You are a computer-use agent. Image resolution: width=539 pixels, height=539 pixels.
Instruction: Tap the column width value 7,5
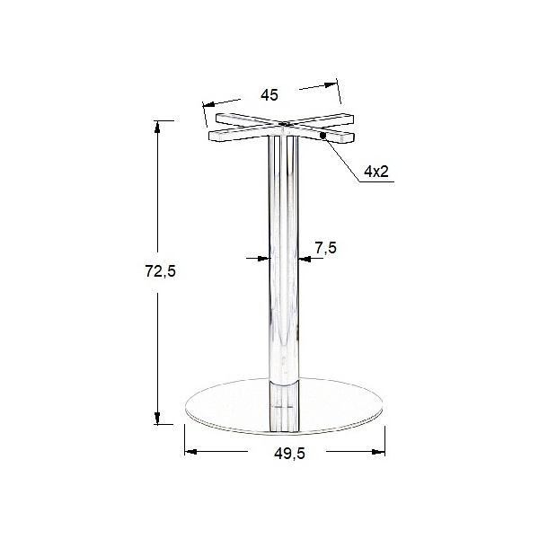[x=325, y=248]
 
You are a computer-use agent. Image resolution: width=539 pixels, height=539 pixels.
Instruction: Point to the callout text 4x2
[x=377, y=171]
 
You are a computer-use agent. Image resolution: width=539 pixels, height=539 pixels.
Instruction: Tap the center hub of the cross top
[x=284, y=127]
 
